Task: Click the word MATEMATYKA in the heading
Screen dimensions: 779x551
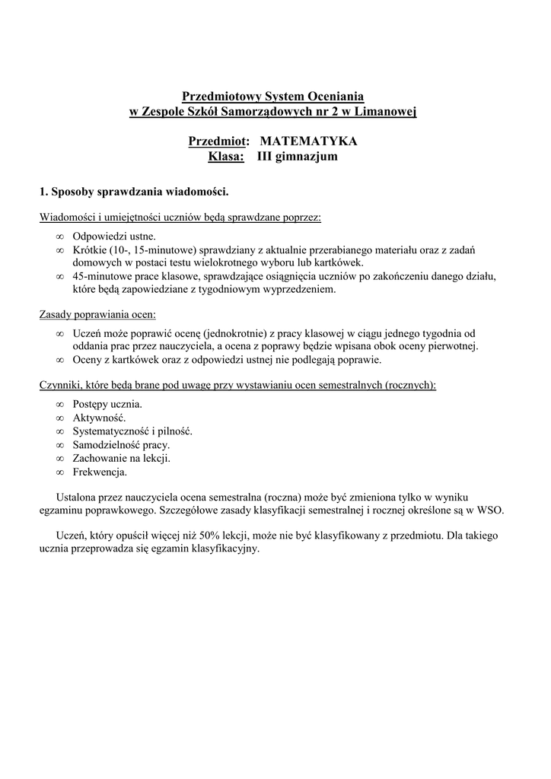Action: [x=308, y=141]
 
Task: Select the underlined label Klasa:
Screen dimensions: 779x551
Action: [x=226, y=157]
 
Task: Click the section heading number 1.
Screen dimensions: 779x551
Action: [x=43, y=191]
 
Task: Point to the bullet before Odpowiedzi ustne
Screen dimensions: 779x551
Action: [x=60, y=237]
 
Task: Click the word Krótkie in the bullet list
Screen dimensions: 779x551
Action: [x=90, y=250]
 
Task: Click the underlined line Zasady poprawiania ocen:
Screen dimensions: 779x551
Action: [x=97, y=313]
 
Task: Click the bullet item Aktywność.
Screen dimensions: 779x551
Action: [x=100, y=418]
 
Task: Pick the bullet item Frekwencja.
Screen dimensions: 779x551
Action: [x=100, y=472]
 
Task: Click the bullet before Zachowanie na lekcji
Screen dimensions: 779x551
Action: [x=60, y=459]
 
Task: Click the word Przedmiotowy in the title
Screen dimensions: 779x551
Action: [x=221, y=97]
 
